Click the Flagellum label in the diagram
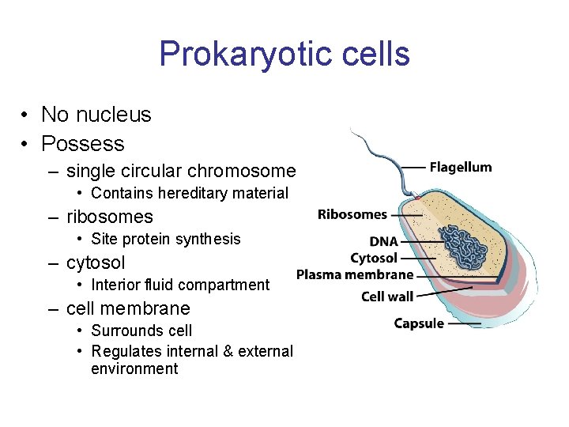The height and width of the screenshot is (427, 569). (460, 167)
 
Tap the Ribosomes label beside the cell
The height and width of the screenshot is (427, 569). (352, 214)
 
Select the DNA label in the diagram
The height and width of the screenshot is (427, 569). (383, 241)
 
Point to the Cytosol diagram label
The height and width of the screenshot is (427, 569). (374, 258)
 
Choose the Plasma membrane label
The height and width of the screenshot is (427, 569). (355, 275)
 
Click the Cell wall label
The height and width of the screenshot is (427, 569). (387, 297)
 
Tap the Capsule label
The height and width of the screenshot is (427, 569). (419, 323)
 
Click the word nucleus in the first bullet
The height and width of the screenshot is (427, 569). (118, 115)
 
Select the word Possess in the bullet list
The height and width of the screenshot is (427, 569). (83, 144)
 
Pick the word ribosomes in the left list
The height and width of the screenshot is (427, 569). (110, 217)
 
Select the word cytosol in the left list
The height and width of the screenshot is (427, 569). (96, 263)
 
